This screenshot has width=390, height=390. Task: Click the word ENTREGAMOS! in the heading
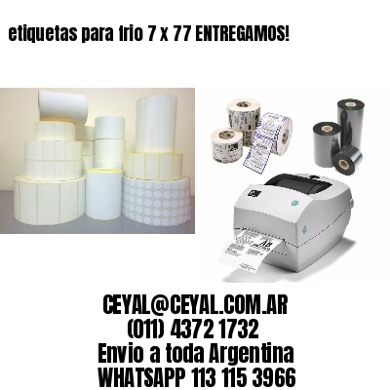243,33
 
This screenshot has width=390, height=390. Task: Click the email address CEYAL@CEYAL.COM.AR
195,305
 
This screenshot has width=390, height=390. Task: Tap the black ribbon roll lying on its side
347,160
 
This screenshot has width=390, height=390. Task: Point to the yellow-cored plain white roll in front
103,198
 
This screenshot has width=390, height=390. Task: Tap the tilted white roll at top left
61,104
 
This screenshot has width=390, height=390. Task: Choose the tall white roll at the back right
156,124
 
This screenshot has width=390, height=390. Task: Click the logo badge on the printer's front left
252,192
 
